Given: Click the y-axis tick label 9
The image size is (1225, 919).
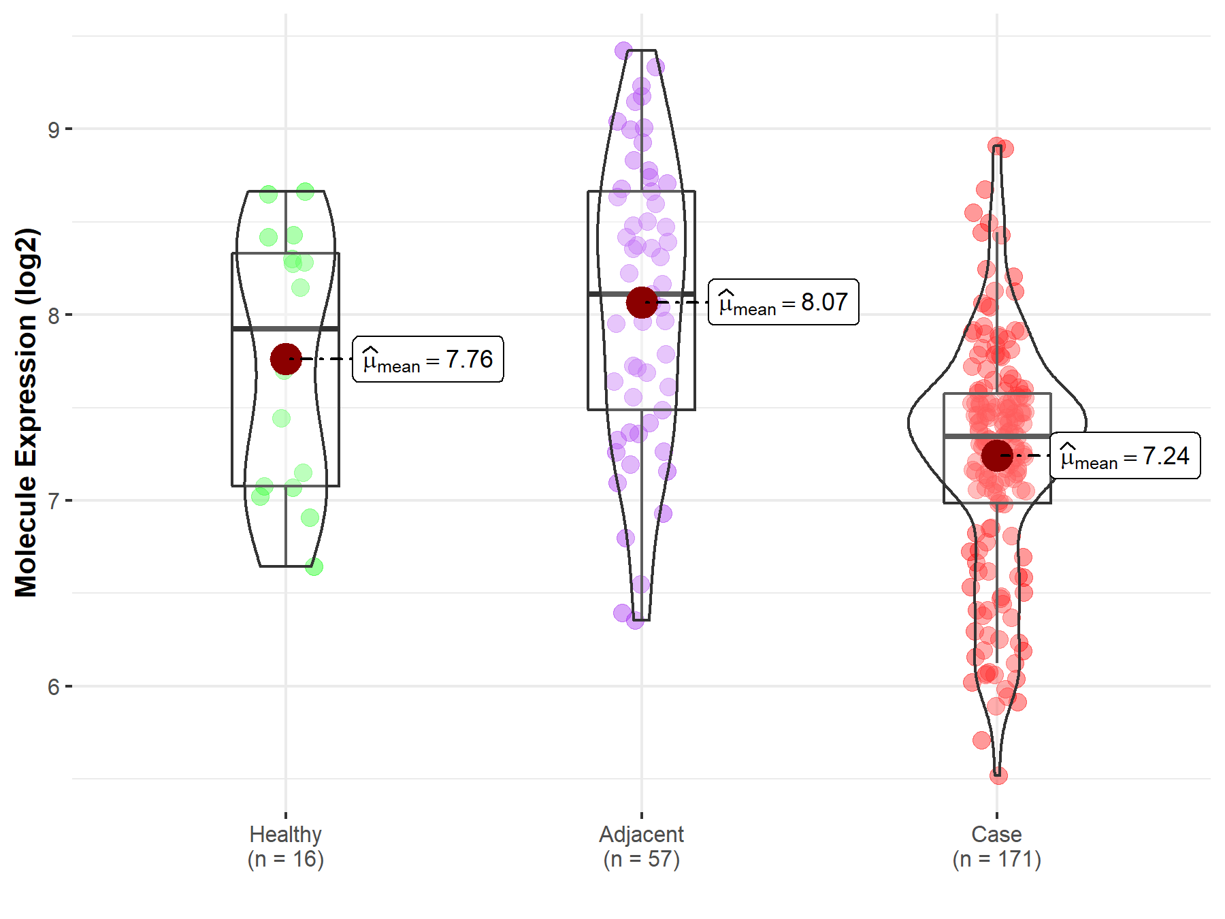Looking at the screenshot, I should (54, 129).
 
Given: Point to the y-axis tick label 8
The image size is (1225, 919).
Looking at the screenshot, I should (54, 315).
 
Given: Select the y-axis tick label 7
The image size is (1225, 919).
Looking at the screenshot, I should (54, 501).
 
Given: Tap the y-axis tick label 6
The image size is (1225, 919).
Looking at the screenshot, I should (54, 687).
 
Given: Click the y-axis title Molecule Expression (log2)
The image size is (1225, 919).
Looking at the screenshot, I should (26, 413).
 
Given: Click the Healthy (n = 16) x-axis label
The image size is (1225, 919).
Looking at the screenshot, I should (285, 846).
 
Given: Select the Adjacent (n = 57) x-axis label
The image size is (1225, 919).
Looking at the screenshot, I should (641, 846).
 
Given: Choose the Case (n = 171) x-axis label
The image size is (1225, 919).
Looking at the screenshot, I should (996, 846).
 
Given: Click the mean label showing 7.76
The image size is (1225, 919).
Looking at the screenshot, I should (428, 359).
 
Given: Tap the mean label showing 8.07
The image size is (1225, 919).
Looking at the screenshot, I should (783, 302).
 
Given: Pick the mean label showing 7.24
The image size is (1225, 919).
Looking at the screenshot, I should (1125, 455).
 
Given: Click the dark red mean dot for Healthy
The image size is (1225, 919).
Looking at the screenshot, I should (286, 359).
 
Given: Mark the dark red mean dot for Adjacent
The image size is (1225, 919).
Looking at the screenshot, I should (642, 302).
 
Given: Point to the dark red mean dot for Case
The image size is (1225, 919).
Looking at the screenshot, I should (997, 455).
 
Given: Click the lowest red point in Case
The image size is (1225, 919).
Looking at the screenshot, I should (998, 775).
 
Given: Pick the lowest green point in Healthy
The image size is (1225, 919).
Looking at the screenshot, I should (314, 566).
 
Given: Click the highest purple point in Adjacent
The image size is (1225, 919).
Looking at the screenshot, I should (623, 50).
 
